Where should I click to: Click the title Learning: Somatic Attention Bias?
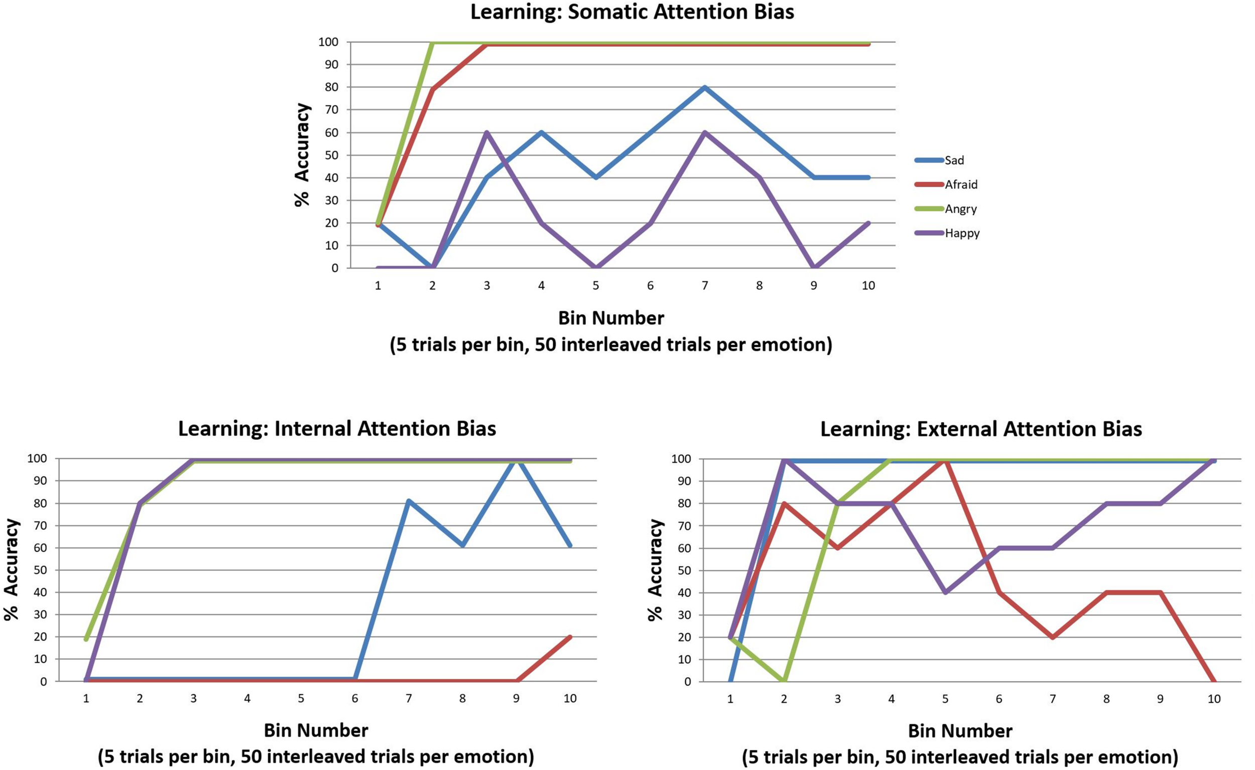pyautogui.click(x=632, y=12)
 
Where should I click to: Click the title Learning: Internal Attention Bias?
pyautogui.click(x=337, y=429)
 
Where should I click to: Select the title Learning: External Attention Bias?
pyautogui.click(x=981, y=429)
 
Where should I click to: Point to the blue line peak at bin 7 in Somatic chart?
pyautogui.click(x=705, y=87)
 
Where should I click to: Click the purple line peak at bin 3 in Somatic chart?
pyautogui.click(x=487, y=133)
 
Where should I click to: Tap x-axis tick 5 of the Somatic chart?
pyautogui.click(x=596, y=286)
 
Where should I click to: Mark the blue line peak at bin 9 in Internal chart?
pyautogui.click(x=517, y=459)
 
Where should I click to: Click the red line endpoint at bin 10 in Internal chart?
pyautogui.click(x=570, y=637)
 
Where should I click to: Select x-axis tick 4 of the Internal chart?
pyautogui.click(x=247, y=699)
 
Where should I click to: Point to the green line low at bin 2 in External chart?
pyautogui.click(x=784, y=681)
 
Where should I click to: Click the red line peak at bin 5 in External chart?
pyautogui.click(x=945, y=459)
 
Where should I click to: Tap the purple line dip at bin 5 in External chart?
pyautogui.click(x=945, y=592)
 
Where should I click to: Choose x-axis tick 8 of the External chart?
pyautogui.click(x=1106, y=699)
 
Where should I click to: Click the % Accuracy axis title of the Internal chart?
pyautogui.click(x=11, y=570)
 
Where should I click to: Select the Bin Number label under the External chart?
pyautogui.click(x=960, y=731)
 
